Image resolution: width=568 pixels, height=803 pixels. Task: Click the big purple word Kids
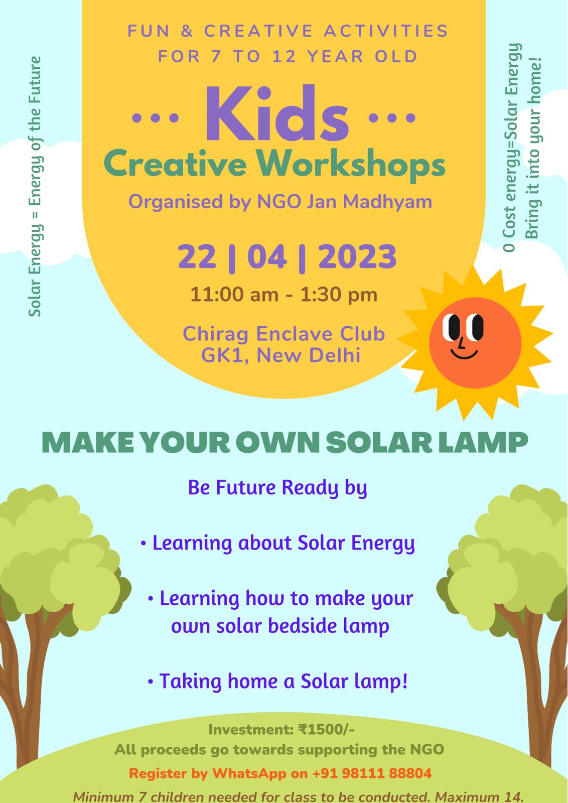(x=276, y=113)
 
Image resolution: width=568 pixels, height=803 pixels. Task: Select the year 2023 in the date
(x=357, y=256)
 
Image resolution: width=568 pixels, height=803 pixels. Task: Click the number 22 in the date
(x=197, y=256)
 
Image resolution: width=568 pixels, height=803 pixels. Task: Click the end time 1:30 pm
(x=339, y=295)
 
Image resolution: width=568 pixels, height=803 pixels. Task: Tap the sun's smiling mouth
(x=464, y=353)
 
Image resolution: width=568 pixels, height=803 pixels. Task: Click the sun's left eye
(x=451, y=327)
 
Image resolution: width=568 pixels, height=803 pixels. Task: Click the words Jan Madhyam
(x=369, y=202)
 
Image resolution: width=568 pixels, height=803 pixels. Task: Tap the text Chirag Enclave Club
(x=284, y=334)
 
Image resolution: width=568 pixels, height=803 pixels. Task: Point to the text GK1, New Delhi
(x=280, y=355)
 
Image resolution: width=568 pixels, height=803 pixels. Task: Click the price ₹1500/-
(x=326, y=729)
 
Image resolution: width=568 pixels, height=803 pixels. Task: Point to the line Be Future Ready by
(x=277, y=488)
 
